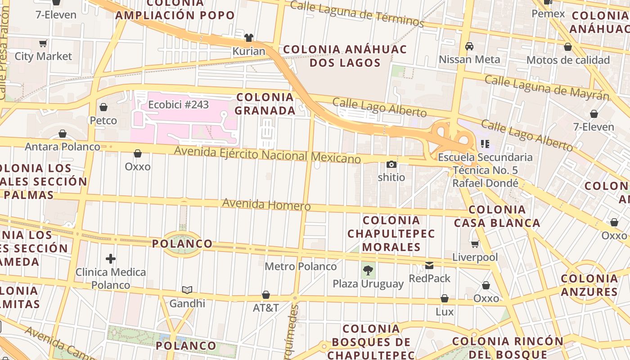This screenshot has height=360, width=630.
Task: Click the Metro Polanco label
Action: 301,266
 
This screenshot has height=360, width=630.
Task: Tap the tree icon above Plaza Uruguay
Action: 368,270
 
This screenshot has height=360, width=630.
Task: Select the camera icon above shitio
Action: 391,165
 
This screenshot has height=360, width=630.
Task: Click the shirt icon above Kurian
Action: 248,38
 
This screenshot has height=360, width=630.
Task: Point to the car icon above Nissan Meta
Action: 469,46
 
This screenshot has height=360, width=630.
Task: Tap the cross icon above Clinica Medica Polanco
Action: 111,259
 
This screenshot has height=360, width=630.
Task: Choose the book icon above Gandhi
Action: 187,290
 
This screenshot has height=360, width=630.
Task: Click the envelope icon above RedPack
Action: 429,265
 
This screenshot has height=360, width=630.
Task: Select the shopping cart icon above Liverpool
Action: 475,244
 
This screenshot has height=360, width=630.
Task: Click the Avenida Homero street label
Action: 266,204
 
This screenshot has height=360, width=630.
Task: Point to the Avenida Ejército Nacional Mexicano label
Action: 267,154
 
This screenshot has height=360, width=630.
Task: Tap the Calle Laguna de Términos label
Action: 357,13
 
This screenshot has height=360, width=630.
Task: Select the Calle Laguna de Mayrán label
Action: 547,88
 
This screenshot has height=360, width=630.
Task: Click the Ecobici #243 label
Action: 179,105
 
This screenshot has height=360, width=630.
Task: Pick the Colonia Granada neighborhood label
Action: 265,103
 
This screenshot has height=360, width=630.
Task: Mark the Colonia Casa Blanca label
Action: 497,216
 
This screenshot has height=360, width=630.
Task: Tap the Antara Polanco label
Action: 63,147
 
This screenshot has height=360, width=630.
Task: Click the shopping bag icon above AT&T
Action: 266,295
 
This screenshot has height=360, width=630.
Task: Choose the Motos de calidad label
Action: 568,60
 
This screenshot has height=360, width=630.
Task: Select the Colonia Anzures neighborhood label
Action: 589,285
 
